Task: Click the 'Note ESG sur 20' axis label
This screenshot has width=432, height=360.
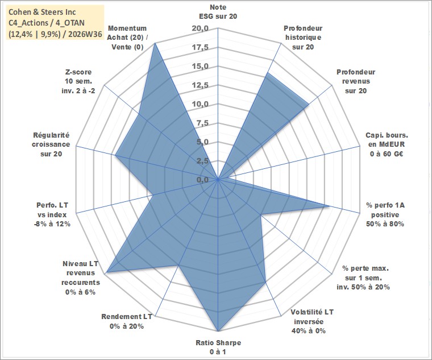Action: pos(218,11)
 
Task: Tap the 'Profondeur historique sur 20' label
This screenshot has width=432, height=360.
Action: pos(303,38)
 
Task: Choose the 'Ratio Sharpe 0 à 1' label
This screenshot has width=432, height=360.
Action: pos(218,347)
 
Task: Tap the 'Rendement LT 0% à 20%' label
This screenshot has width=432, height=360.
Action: pos(127,321)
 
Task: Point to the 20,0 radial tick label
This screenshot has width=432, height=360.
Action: pos(200,28)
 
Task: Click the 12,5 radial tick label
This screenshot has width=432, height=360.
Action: pos(200,85)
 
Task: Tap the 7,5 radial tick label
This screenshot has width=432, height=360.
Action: pos(202,123)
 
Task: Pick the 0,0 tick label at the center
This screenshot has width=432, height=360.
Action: pos(202,180)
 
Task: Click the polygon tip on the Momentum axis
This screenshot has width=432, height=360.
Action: pos(155,43)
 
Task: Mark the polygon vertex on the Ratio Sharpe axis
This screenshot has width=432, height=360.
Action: pos(218,331)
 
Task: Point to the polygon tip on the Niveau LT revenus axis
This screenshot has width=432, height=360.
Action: pos(106,272)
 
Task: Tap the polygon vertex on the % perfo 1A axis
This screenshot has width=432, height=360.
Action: pos(329,206)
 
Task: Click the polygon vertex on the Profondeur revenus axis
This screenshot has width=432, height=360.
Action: pos(309,104)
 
